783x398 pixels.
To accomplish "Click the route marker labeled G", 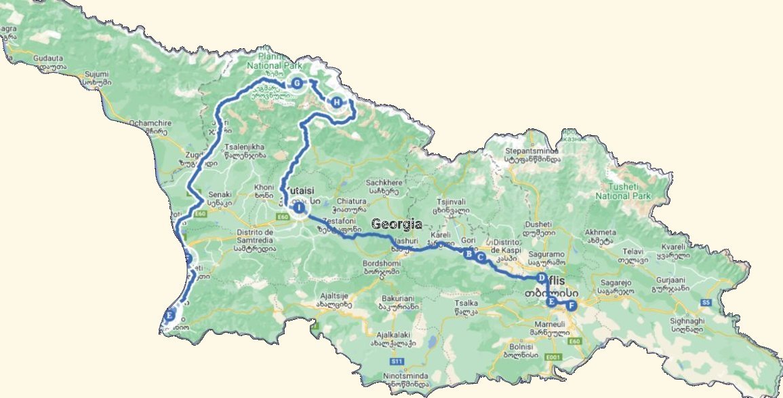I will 296,84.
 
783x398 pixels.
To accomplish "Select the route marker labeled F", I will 571,306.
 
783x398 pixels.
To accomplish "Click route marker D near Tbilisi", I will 541,278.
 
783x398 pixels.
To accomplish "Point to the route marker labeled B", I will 467,254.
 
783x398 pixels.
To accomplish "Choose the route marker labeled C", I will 481,258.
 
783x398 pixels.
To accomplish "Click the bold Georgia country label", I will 397,224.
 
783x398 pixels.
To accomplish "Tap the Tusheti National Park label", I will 622,191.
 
